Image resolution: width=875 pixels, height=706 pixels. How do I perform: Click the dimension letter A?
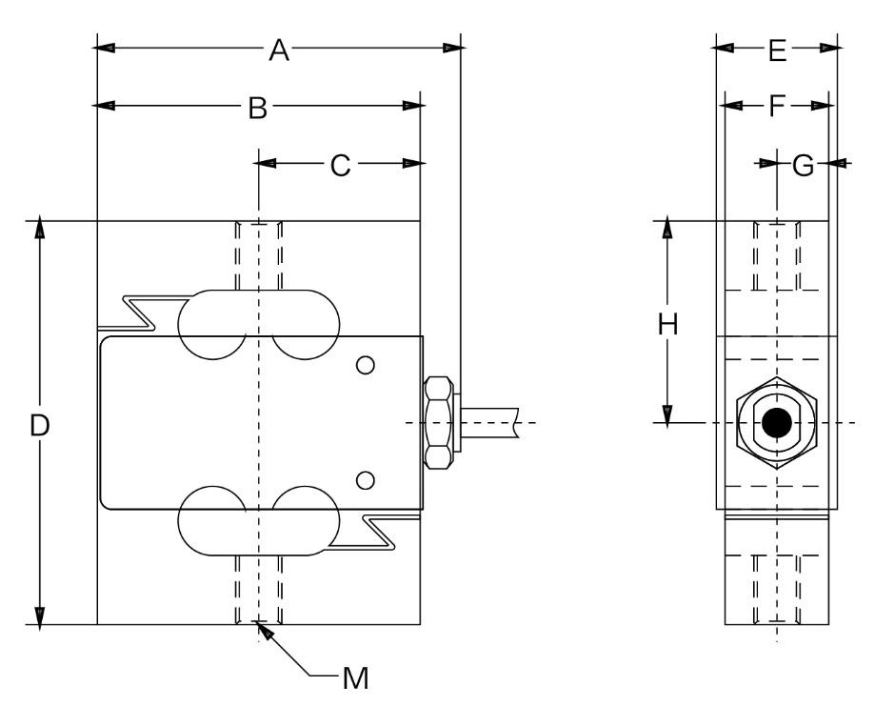click(278, 50)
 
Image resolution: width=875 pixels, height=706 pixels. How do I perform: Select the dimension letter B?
click(257, 108)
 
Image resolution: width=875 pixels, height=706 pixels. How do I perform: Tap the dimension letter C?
click(340, 165)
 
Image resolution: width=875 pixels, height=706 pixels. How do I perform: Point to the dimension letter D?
click(39, 425)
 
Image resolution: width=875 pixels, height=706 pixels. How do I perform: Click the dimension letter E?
click(776, 50)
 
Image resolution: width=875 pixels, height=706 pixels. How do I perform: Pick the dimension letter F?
click(776, 107)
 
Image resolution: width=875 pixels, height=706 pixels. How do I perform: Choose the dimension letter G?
click(804, 165)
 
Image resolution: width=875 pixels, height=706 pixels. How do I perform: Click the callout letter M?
click(355, 678)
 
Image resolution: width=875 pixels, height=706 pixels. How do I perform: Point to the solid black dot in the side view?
click(777, 422)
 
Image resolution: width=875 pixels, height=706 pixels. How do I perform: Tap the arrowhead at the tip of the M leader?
click(262, 631)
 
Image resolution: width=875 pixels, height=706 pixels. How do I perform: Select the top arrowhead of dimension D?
click(39, 230)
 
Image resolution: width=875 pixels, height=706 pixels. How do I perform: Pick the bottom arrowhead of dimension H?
click(668, 413)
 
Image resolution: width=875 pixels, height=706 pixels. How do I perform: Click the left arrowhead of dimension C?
click(268, 164)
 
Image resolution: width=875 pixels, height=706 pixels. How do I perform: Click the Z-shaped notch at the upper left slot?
click(140, 313)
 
